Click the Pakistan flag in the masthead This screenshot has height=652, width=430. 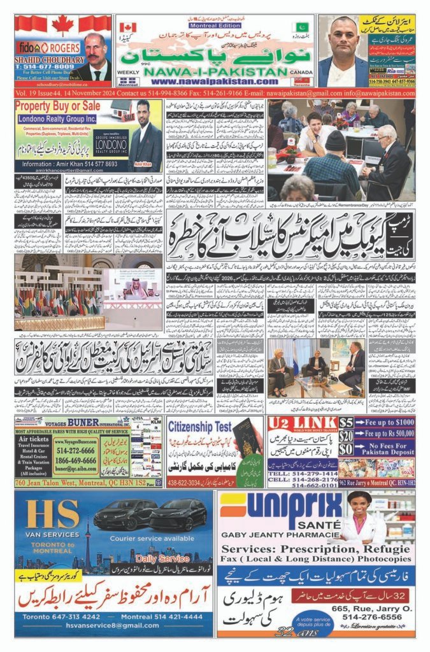coord(301,28)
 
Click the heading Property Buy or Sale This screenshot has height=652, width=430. coord(57,105)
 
